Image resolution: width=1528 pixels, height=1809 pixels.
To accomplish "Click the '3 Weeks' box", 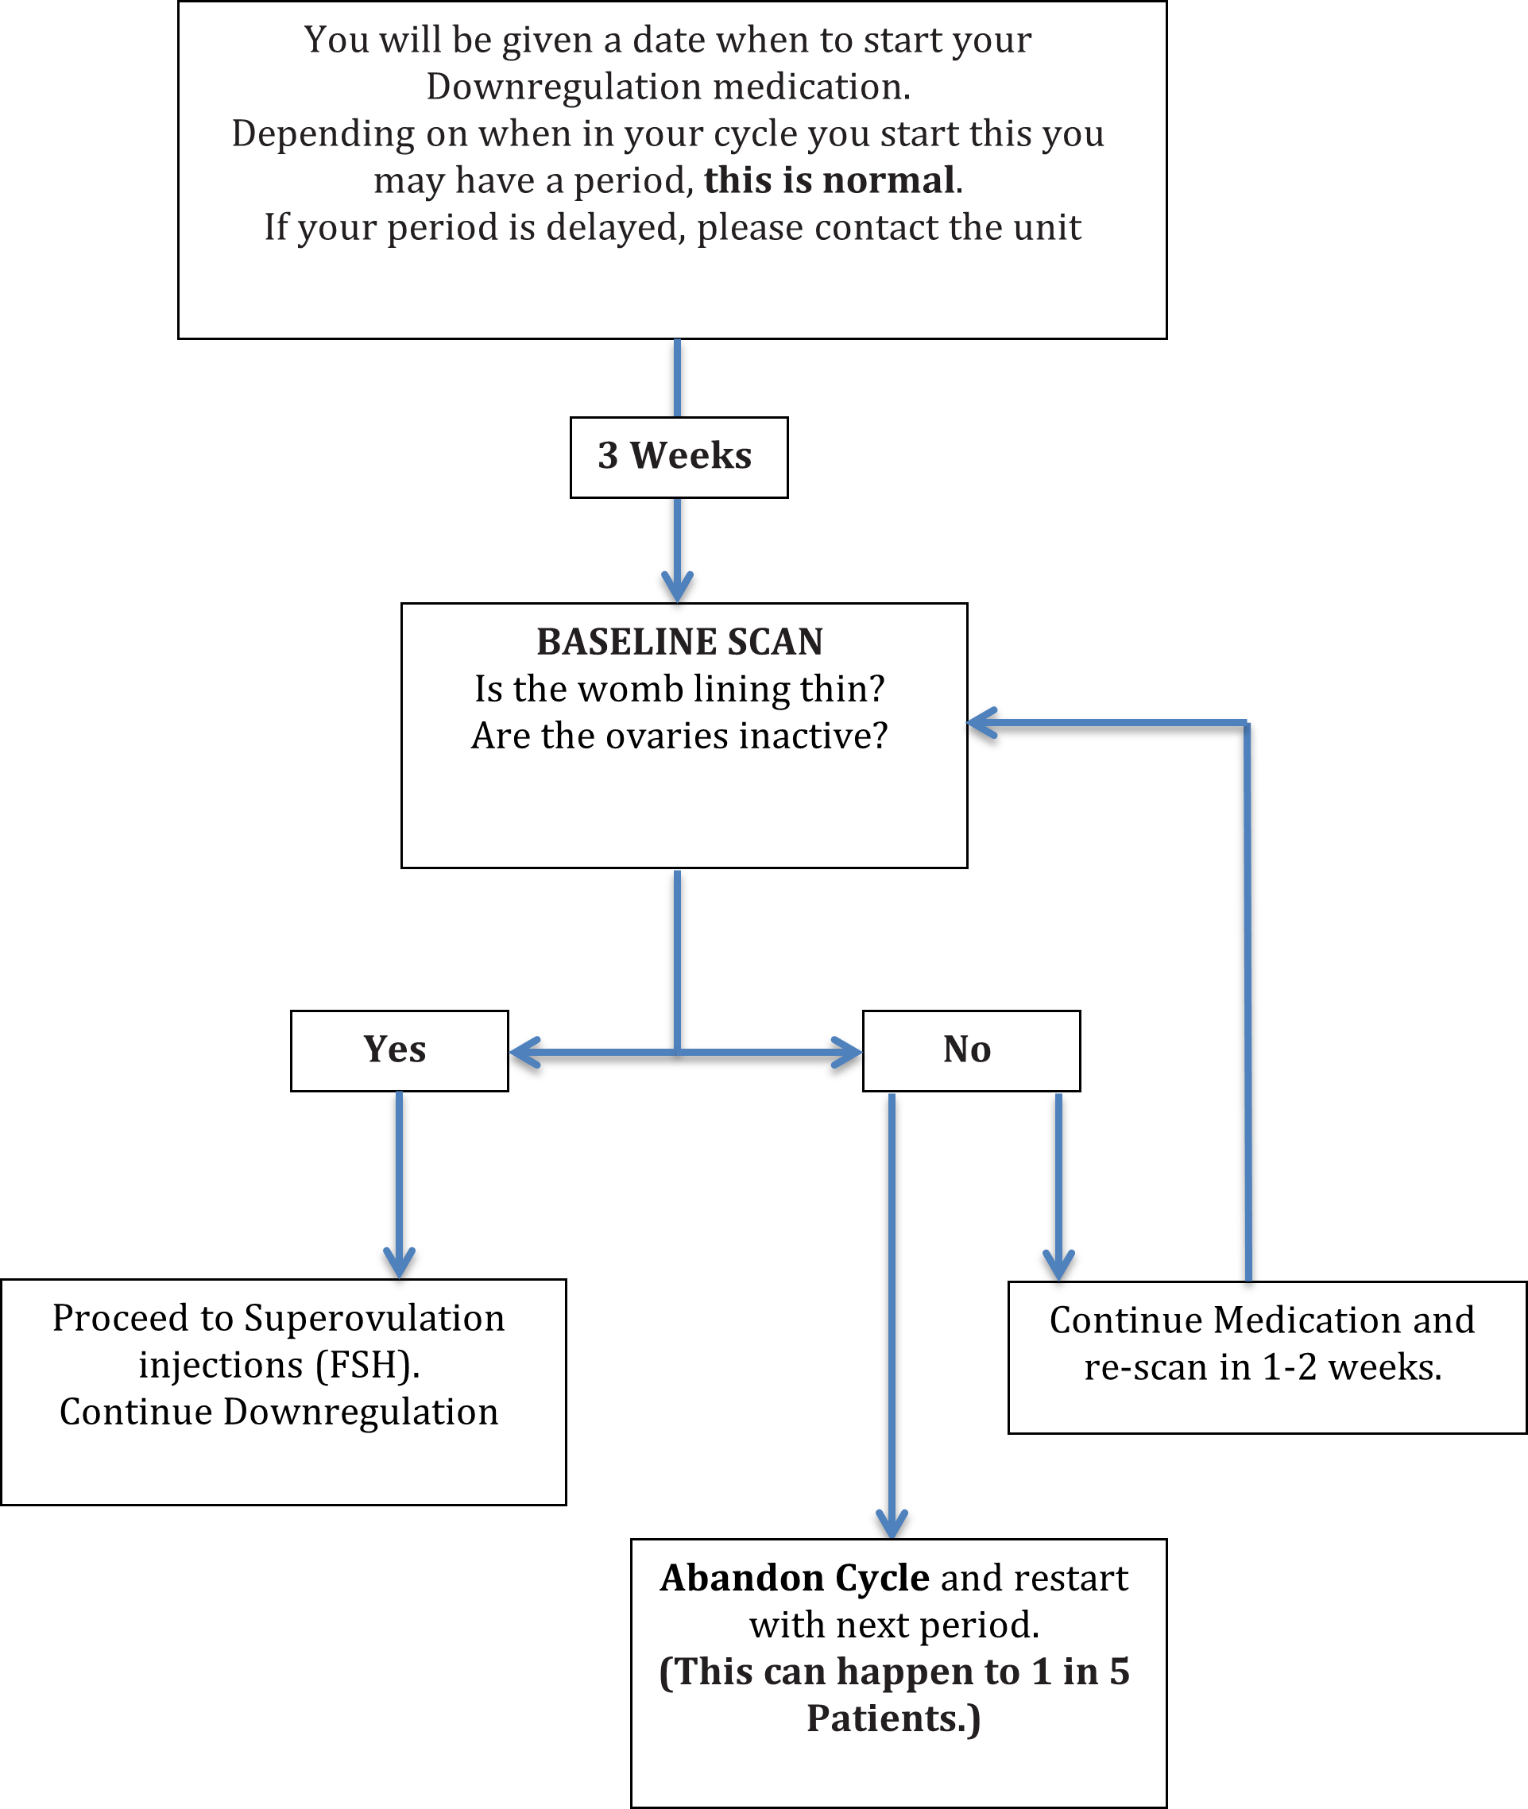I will pos(679,456).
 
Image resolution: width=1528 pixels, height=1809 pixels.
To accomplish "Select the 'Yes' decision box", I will pos(398,1049).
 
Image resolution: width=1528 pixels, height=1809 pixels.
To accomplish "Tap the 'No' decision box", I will pos(970,1049).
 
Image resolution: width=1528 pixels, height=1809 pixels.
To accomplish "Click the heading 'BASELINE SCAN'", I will pos(679,642).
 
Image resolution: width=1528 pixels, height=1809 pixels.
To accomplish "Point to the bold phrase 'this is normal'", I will pos(829,180).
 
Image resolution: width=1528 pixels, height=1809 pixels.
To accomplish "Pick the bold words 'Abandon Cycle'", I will pos(795,1578).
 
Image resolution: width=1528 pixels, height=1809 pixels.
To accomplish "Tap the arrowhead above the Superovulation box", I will pos(398,1264).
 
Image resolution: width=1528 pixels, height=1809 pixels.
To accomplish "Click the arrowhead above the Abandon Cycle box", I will pos(892,1524).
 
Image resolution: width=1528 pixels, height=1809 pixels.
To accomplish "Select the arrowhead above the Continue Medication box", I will pos(1058,1266).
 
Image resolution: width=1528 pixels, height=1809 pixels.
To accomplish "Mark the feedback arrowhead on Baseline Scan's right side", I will pos(981,722).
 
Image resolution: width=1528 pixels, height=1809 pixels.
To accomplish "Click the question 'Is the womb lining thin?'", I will pos(679,690).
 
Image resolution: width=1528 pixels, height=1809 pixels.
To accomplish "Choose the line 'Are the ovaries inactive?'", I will pos(679,736).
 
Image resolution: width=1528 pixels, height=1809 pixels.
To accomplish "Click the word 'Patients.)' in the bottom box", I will pos(893,1719).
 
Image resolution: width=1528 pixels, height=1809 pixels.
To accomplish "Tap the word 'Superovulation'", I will pos(374,1318).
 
